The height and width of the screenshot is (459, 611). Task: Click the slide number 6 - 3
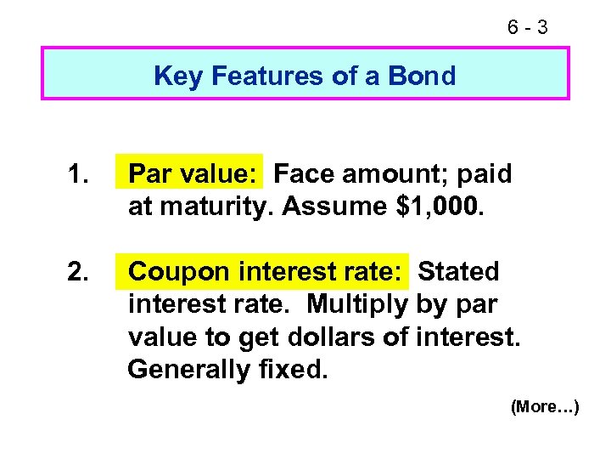pyautogui.click(x=528, y=28)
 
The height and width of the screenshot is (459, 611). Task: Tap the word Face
pyautogui.click(x=303, y=174)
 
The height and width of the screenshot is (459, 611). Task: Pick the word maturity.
pyautogui.click(x=212, y=207)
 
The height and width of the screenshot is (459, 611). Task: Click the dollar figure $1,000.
pyautogui.click(x=440, y=207)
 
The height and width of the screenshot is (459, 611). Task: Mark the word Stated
pyautogui.click(x=459, y=272)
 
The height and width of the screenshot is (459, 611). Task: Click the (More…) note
pyautogui.click(x=545, y=407)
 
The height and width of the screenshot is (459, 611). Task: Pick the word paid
pyautogui.click(x=482, y=174)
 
